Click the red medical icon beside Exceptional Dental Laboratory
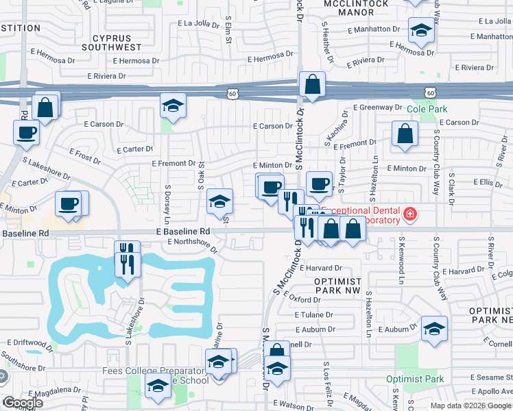coord(410,214)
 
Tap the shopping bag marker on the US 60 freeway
coord(312,86)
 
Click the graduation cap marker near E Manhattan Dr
coord(420,30)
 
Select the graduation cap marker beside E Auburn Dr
coord(434,329)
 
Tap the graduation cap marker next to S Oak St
coord(219,201)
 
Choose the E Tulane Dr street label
coord(313,315)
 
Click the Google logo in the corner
coord(23,403)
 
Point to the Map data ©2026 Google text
coord(470,406)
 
